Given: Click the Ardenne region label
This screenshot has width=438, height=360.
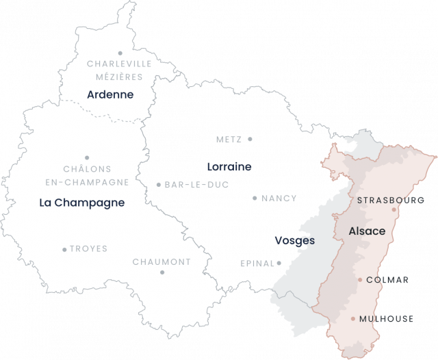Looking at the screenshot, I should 110,94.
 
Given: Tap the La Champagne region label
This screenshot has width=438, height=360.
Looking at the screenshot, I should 81,203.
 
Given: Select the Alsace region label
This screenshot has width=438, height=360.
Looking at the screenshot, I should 367,231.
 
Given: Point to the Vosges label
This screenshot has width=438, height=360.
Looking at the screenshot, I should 294,241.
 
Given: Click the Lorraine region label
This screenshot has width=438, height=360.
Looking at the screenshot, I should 229,166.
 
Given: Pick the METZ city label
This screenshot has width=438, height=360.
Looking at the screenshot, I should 229,139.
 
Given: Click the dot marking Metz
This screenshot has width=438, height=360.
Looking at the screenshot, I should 250,139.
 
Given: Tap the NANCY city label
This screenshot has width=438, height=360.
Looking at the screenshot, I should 279,198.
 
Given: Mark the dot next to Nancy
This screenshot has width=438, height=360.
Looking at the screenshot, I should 255,198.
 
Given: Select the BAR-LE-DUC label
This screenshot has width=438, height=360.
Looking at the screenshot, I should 196,184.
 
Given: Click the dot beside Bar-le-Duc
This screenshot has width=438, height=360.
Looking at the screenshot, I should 158,184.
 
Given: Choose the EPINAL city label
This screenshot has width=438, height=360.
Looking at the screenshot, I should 257,263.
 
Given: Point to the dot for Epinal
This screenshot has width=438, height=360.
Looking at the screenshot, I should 280,263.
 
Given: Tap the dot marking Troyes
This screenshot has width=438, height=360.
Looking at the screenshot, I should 64,249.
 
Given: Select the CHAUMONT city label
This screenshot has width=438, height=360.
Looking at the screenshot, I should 162,261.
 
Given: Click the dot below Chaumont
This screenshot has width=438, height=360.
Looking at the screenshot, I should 162,272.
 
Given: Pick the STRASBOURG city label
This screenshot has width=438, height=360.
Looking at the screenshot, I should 391,201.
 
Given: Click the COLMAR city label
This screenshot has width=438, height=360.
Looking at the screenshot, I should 388,280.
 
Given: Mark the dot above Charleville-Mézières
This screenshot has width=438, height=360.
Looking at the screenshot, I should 120,53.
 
